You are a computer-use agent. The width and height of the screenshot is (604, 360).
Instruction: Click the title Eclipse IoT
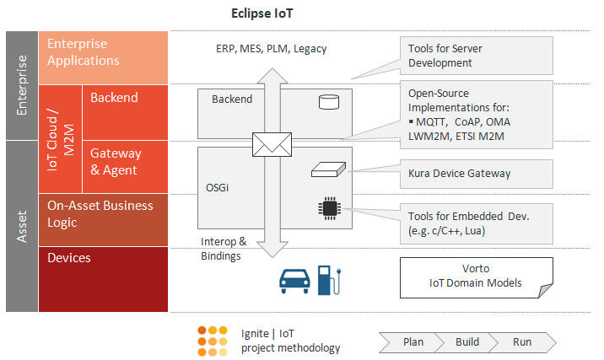262,13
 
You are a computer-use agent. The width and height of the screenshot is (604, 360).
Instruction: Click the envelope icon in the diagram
272,144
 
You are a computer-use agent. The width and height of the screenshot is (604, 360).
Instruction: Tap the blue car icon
294,281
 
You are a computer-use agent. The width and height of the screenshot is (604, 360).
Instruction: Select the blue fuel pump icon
329,280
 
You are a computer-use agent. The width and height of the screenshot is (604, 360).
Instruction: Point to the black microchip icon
329,208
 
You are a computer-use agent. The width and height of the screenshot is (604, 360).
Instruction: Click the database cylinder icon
329,102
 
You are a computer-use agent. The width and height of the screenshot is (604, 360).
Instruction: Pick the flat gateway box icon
329,169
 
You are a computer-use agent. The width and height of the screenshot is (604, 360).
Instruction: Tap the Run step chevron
523,342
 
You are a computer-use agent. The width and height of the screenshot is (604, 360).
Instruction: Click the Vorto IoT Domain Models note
476,277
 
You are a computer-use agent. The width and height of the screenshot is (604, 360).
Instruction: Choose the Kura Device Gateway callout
476,174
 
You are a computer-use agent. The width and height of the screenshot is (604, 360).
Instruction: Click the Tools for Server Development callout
476,56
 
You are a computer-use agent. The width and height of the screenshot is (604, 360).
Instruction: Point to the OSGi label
218,187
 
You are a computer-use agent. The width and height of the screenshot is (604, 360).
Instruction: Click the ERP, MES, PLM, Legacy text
271,49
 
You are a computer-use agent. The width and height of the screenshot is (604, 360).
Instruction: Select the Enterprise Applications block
103,57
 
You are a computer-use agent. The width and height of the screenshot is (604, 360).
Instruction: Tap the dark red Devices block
103,279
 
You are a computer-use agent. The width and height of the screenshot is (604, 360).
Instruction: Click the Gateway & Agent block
125,167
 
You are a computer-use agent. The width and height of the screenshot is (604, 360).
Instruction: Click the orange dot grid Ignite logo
213,341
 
